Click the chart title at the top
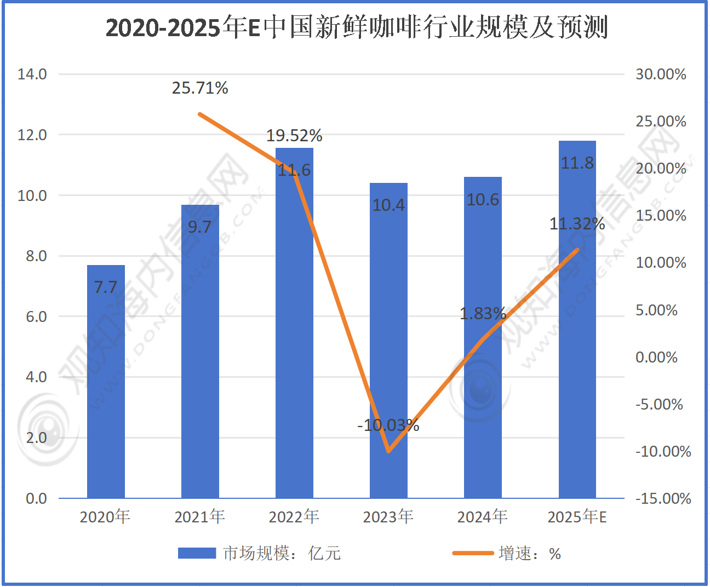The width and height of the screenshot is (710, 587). (357, 27)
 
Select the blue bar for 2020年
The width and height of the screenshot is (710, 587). (106, 383)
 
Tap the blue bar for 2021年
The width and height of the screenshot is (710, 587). (200, 356)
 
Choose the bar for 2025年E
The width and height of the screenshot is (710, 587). (577, 329)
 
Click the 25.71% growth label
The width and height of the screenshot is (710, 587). (200, 88)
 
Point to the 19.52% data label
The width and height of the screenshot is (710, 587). (294, 135)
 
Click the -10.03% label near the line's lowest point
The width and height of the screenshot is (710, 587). (388, 425)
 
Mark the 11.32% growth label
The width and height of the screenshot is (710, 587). (577, 224)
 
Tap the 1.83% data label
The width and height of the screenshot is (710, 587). (483, 314)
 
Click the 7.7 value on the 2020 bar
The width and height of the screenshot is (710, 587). (106, 287)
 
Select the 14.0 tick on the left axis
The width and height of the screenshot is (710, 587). (32, 74)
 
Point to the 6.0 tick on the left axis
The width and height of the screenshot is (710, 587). (36, 316)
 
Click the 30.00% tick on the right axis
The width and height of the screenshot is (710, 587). (661, 74)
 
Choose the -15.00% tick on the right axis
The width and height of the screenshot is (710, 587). (663, 498)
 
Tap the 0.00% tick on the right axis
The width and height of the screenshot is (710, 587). (656, 358)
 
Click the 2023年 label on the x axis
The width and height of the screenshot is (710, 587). (388, 516)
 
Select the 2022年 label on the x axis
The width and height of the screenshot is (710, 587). (294, 516)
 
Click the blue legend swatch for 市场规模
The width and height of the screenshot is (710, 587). (197, 553)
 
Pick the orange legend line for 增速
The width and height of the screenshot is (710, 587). (473, 553)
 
